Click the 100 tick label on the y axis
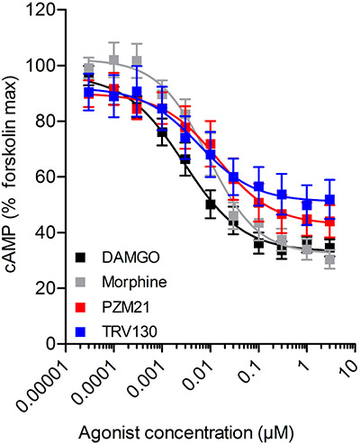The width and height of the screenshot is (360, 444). [37, 66]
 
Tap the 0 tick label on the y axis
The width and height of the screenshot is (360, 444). [44, 343]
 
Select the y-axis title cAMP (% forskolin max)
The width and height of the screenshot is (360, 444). [13, 176]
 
